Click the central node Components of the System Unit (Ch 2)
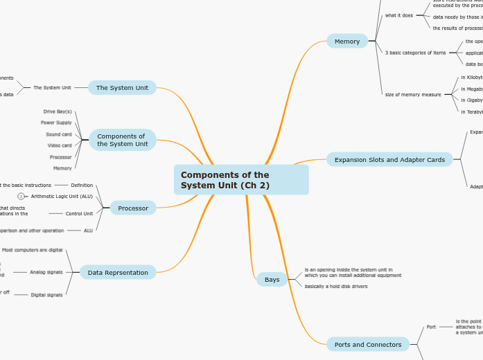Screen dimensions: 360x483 (x=240, y=180)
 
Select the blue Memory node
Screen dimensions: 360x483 (x=347, y=42)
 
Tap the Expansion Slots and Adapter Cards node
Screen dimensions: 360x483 (x=389, y=160)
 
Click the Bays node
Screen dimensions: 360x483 (x=272, y=280)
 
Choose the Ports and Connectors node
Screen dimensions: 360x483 (x=368, y=344)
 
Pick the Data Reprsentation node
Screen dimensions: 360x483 (x=118, y=273)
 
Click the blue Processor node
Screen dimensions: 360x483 (x=133, y=208)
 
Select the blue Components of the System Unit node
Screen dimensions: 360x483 (x=123, y=140)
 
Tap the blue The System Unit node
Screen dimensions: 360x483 (x=122, y=88)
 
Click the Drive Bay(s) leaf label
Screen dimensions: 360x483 (x=58, y=111)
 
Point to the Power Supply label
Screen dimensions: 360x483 (x=56, y=123)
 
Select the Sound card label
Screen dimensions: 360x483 (x=59, y=134)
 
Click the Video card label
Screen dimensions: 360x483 (x=59, y=145)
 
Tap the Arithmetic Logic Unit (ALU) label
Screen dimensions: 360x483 (x=62, y=196)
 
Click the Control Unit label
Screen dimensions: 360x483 (x=79, y=213)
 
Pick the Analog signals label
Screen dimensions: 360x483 (x=46, y=272)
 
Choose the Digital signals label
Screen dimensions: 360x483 (x=46, y=294)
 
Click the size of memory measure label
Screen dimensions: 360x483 (x=413, y=94)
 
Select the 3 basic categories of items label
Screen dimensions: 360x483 (x=416, y=53)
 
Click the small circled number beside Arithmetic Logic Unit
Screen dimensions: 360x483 (x=21, y=196)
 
